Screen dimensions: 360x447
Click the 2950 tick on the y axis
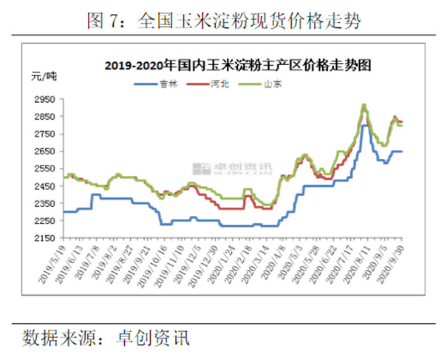[x=46, y=99]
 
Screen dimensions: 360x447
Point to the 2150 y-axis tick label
[x=46, y=238]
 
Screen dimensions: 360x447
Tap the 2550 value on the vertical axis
[x=46, y=169]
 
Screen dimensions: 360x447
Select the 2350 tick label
[x=46, y=203]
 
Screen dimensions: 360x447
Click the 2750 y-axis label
[x=46, y=134]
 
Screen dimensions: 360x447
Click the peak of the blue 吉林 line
[x=364, y=126]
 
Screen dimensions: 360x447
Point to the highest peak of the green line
[x=364, y=104]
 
